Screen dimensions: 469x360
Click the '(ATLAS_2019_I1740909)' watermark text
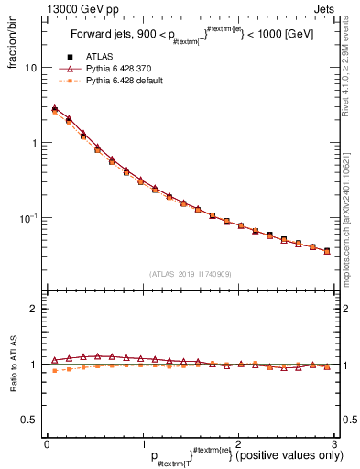coord(190,274)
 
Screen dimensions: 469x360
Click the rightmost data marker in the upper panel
coord(327,250)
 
